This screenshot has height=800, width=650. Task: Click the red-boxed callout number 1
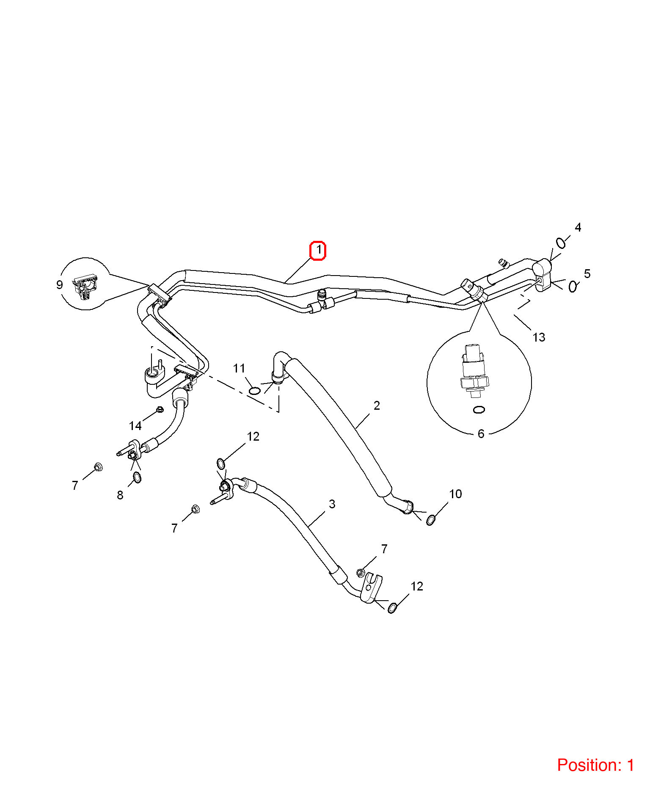pos(318,250)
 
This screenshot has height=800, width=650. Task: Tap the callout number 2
pos(377,406)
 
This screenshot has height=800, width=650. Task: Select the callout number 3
pos(332,504)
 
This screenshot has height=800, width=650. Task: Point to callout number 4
pos(578,227)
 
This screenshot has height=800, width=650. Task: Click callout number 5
pos(587,273)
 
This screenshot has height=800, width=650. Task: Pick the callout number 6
pos(481,434)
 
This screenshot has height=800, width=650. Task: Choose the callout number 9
pos(60,285)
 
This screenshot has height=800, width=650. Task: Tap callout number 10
pos(455,494)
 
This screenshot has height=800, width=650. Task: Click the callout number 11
pos(239,368)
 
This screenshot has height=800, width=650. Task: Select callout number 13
pos(539,337)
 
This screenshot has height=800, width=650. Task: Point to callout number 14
pos(135,426)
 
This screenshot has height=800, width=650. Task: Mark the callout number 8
pos(120,495)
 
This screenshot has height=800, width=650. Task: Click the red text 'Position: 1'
pos(595,765)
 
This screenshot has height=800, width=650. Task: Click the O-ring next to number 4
pos(561,243)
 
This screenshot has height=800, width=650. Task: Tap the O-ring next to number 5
pos(573,287)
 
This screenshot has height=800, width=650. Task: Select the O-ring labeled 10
pos(431,520)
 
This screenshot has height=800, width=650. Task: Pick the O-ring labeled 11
pos(254,390)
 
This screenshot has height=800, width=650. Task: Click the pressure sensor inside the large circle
pos(474,372)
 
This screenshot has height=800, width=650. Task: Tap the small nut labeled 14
pos(160,409)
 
